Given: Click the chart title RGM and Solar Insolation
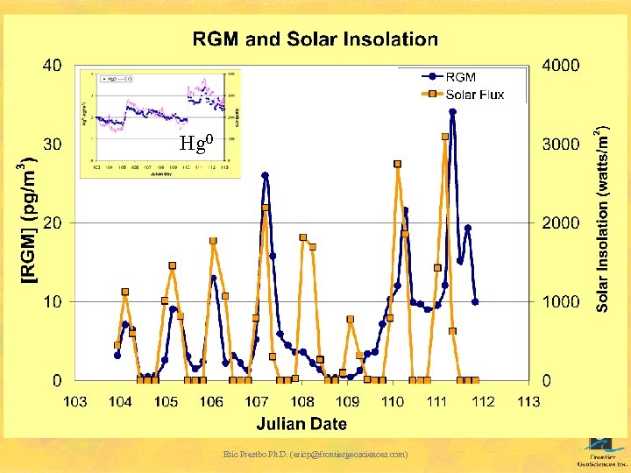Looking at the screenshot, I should coord(315,39).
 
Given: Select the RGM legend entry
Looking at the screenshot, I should coord(460,77).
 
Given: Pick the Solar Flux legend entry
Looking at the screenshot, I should coord(474,95).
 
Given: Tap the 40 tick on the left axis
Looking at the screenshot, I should coord(52,65).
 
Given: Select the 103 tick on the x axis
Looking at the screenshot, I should coord(75,402).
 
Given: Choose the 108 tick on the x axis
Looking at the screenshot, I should coord(301,402).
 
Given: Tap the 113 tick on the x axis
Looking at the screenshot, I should coord(528,402).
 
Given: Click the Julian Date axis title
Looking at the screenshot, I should coord(301,424).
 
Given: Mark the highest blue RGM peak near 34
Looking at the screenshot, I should coord(452,112).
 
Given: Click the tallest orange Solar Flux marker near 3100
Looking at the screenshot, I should coord(445,137).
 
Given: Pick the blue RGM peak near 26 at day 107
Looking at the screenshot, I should coord(265,175).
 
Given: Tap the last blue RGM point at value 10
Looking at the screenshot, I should coord(475,301).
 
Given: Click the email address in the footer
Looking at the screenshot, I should coord(315,455).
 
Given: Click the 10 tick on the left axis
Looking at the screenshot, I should coord(52,301).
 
